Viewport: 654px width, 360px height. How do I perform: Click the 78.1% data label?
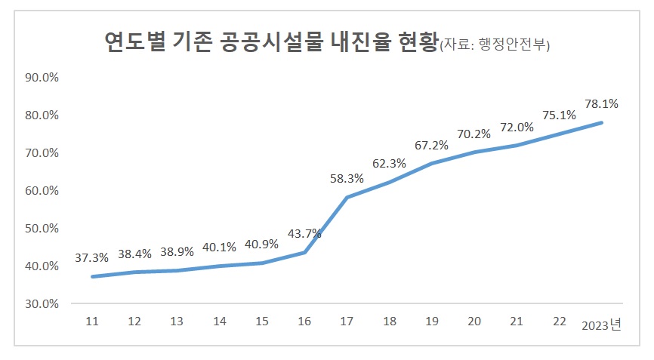click(601, 104)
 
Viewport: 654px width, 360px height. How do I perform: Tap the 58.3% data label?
click(347, 179)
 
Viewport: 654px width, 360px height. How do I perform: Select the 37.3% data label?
click(91, 257)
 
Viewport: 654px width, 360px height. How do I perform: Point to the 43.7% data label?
click(304, 233)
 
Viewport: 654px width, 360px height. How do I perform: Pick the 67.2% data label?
click(431, 145)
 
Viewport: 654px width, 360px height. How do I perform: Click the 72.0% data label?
click(517, 128)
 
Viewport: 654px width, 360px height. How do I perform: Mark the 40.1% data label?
click(219, 247)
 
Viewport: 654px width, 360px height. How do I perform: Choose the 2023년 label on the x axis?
click(601, 325)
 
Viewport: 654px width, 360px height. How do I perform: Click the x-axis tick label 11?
click(91, 322)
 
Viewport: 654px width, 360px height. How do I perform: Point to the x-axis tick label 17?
click(347, 322)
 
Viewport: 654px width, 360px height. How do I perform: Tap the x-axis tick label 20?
click(474, 322)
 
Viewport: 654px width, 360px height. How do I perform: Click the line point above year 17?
click(347, 198)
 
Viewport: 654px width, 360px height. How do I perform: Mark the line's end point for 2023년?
click(601, 122)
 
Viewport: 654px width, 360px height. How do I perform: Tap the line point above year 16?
click(304, 252)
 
